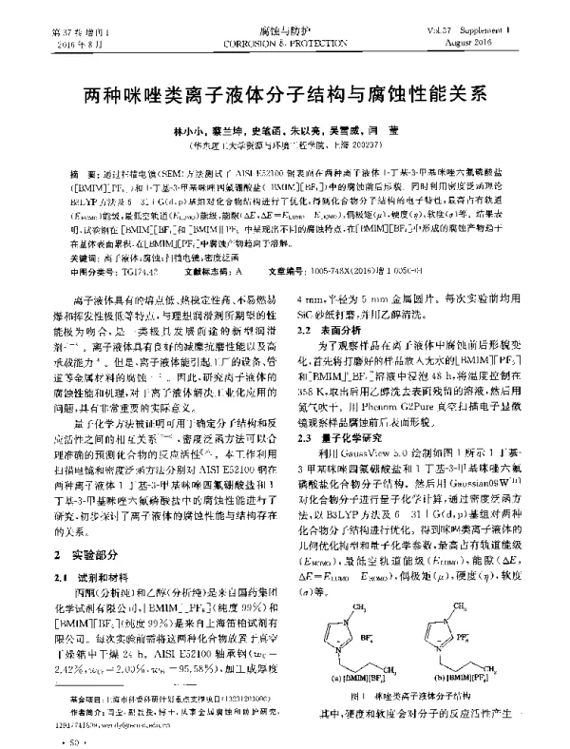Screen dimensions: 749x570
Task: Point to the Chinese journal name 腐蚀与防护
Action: click(x=285, y=31)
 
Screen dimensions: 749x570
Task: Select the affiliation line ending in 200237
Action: click(x=285, y=148)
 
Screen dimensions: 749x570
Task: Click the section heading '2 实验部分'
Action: click(x=88, y=552)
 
